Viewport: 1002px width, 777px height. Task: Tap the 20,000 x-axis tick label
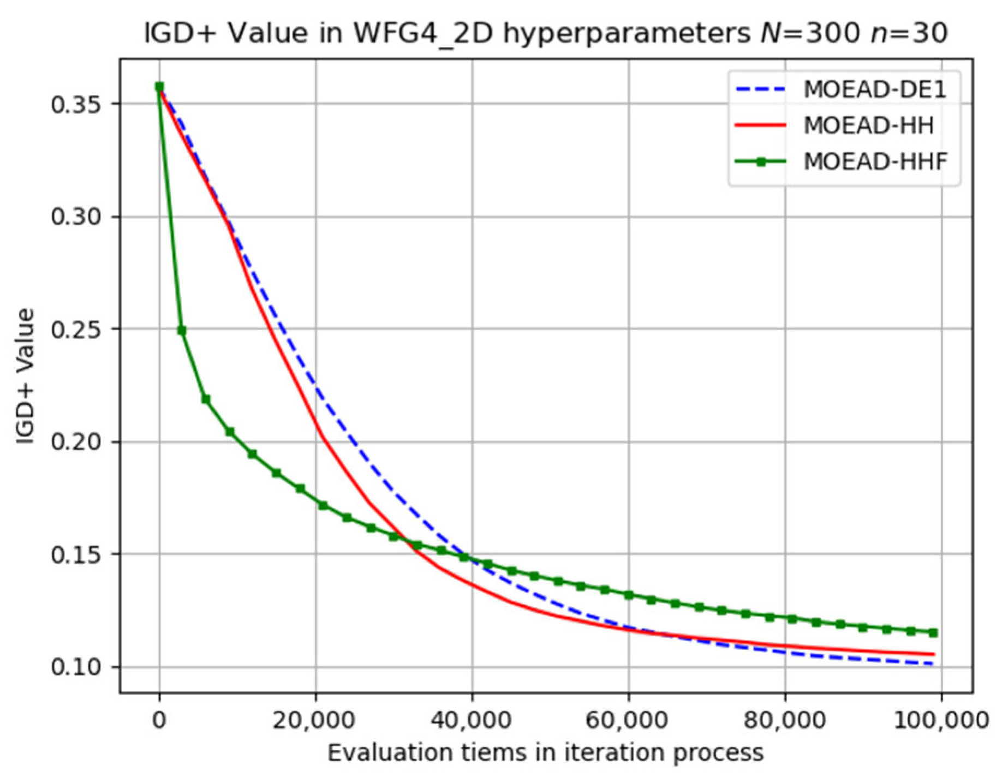click(315, 720)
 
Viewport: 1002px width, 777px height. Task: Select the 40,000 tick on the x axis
click(472, 720)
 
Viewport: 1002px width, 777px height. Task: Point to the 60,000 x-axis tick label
click(628, 720)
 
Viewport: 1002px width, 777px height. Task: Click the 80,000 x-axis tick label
click(785, 720)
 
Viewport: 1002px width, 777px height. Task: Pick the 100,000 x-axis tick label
click(941, 720)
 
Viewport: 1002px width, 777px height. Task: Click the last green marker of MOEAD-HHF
click(934, 633)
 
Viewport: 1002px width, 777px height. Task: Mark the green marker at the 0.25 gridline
click(182, 331)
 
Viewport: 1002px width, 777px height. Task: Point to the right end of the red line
click(934, 654)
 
